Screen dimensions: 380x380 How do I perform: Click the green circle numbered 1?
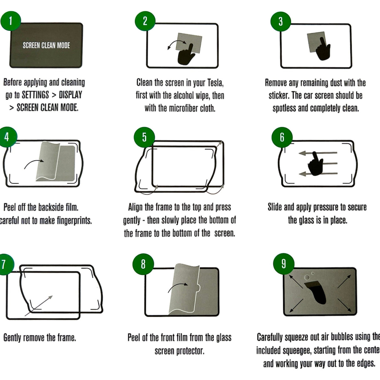pyautogui.click(x=11, y=21)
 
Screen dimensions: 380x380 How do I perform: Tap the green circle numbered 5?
pyautogui.click(x=144, y=137)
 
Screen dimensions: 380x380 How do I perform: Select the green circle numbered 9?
pyautogui.click(x=284, y=264)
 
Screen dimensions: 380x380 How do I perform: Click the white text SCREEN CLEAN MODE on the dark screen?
pyautogui.click(x=46, y=45)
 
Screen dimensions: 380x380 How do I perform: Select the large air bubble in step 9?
pyautogui.click(x=307, y=277)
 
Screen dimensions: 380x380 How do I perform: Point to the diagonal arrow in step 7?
pyautogui.click(x=39, y=306)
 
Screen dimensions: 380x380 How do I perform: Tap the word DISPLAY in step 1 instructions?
pyautogui.click(x=70, y=95)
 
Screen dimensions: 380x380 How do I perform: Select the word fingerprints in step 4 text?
pyautogui.click(x=74, y=220)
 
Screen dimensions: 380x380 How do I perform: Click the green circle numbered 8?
pyautogui.click(x=143, y=264)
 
